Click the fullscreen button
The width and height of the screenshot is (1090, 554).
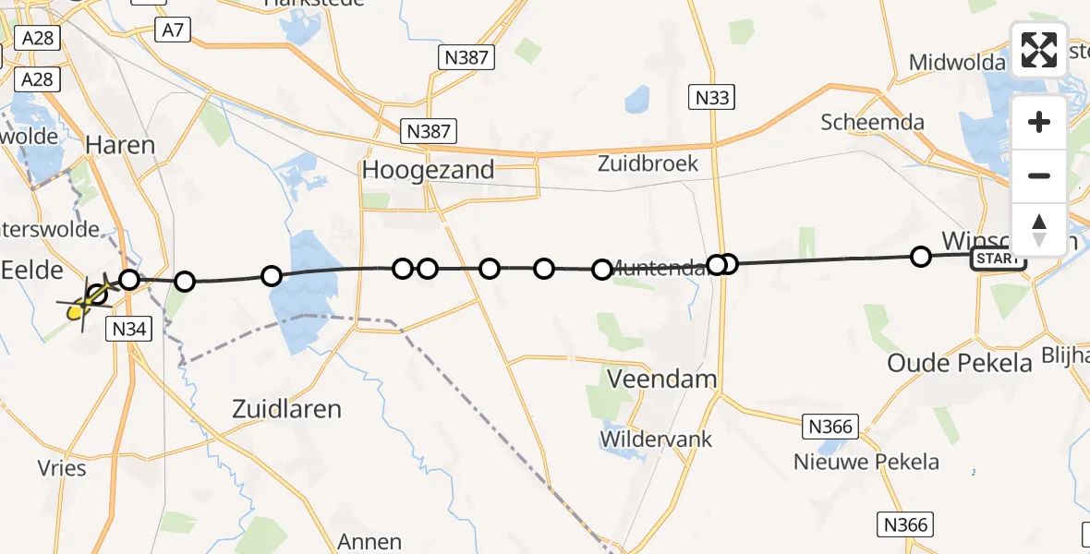[1039, 49]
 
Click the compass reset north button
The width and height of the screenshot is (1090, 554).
[1039, 230]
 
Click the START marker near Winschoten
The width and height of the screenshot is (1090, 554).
[998, 259]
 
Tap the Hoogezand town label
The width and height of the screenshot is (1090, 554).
[428, 170]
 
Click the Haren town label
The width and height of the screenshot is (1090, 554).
[120, 145]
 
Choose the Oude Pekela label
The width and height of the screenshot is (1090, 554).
[959, 363]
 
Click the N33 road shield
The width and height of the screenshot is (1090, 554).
[713, 96]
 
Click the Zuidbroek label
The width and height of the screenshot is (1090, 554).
[648, 164]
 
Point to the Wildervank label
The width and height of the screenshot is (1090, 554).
[657, 439]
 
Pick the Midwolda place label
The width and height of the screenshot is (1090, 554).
[957, 63]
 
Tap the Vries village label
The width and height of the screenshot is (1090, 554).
[63, 468]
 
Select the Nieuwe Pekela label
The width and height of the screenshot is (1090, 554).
[866, 462]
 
